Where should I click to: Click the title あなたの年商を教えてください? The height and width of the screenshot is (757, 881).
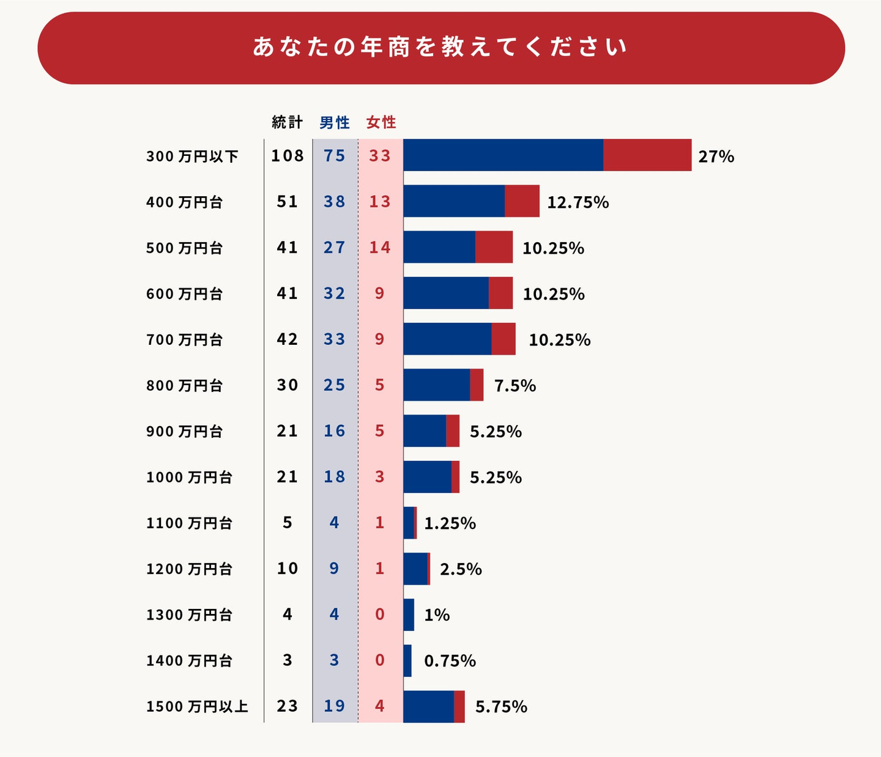click(x=441, y=47)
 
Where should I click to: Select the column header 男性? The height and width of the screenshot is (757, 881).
click(x=335, y=122)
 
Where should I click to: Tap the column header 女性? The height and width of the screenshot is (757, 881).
click(x=381, y=122)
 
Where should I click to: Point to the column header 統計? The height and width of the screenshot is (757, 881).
click(x=287, y=122)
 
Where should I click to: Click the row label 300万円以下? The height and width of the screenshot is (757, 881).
click(x=192, y=157)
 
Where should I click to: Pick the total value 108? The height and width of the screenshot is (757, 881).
click(x=288, y=156)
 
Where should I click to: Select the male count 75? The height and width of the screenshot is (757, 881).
click(x=335, y=156)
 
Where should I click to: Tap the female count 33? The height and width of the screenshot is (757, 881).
click(x=380, y=156)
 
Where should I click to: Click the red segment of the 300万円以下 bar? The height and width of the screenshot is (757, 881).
click(x=647, y=155)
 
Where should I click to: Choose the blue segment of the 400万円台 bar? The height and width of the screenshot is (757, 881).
click(x=454, y=201)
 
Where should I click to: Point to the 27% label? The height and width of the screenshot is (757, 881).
click(x=716, y=157)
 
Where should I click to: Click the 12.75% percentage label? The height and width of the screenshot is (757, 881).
click(x=578, y=202)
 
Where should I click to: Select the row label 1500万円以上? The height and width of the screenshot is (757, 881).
click(x=197, y=707)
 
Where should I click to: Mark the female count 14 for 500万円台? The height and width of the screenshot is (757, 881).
click(x=380, y=248)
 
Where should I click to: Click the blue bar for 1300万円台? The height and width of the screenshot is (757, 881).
click(x=409, y=615)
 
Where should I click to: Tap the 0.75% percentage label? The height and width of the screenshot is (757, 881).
click(x=450, y=661)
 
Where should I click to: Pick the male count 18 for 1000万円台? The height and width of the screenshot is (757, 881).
click(x=335, y=477)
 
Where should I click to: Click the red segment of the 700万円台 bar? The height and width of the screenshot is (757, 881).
click(x=504, y=339)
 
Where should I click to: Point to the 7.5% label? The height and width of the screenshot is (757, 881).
click(x=515, y=386)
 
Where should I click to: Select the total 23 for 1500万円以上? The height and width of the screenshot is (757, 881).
click(x=288, y=706)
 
